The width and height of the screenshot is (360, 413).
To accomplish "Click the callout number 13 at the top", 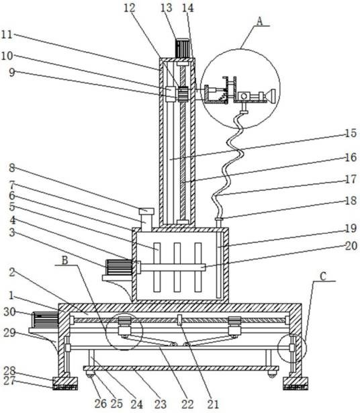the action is (x=167, y=8).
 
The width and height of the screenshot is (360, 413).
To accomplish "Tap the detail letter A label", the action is (x=260, y=21).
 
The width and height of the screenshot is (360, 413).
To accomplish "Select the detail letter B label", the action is (x=64, y=261).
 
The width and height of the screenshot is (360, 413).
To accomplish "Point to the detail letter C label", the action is (x=323, y=276).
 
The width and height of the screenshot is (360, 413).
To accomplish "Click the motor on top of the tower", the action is (x=182, y=48).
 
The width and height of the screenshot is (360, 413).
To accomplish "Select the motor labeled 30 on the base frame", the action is (x=45, y=320).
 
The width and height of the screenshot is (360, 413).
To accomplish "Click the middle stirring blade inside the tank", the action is (x=177, y=267).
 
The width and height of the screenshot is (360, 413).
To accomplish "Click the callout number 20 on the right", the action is (x=351, y=246).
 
